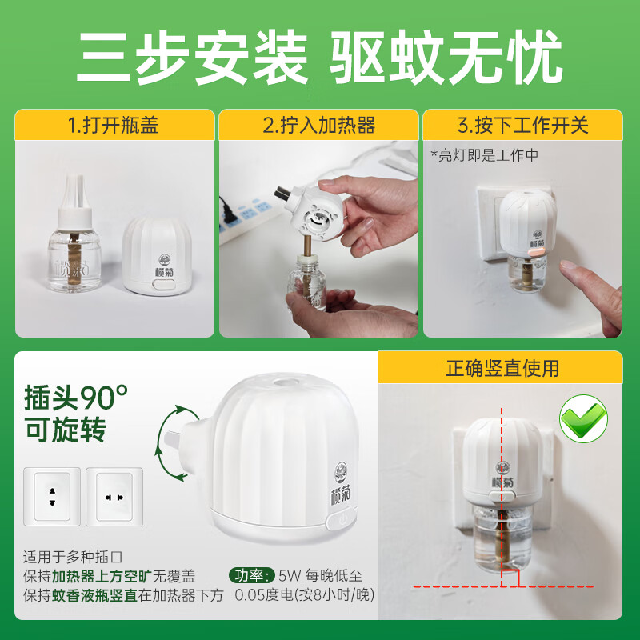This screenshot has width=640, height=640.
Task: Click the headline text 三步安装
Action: (x=191, y=58)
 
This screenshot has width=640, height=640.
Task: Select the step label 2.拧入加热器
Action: (x=319, y=126)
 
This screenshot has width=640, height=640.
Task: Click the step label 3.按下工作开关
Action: (x=522, y=126)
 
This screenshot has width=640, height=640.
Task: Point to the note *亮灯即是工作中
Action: (x=484, y=155)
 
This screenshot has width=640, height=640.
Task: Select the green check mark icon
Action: (x=582, y=418)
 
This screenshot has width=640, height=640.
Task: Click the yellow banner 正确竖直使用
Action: (x=502, y=368)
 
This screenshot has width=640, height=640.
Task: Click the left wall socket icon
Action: (x=52, y=496)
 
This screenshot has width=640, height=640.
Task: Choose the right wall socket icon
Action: (x=114, y=496)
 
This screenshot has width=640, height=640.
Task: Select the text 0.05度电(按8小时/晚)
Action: (x=304, y=595)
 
